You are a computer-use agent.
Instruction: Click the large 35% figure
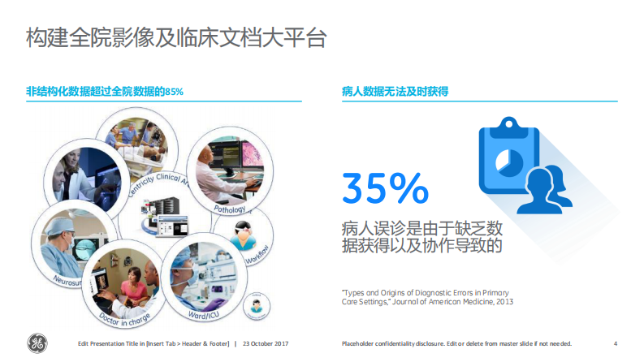coord(385,187)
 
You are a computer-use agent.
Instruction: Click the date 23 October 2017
coord(266,343)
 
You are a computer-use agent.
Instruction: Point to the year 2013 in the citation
coord(504,302)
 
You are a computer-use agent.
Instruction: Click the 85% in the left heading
coord(174,92)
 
